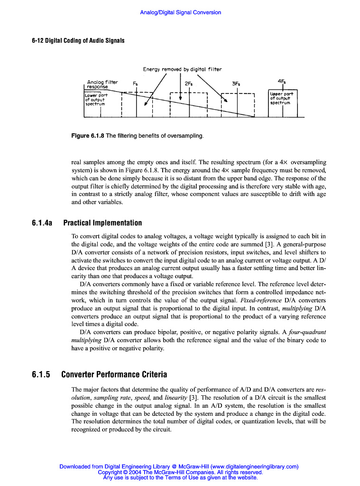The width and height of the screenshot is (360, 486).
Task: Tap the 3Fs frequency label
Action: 236,84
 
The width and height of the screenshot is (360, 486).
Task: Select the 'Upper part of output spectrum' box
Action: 283,103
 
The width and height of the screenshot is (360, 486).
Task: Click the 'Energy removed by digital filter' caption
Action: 182,69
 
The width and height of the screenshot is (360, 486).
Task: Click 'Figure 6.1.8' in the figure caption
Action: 87,136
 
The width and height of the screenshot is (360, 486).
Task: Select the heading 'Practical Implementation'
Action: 102,223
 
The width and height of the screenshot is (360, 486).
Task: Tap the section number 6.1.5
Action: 41,374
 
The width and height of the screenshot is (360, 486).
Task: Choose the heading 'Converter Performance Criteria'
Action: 114,374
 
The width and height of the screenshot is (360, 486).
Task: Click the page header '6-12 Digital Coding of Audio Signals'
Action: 78,40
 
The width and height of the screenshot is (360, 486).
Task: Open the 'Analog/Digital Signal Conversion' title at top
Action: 180,12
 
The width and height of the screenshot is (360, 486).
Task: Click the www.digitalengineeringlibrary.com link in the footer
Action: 254,467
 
